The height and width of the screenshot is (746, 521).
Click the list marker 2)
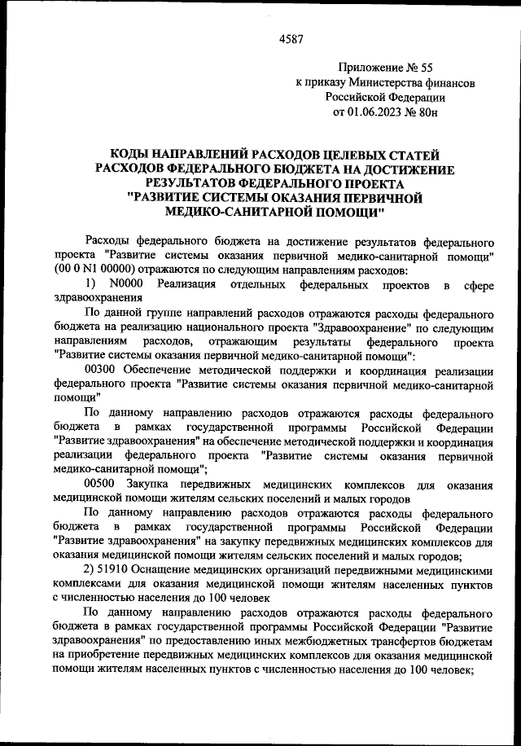click(90, 570)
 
